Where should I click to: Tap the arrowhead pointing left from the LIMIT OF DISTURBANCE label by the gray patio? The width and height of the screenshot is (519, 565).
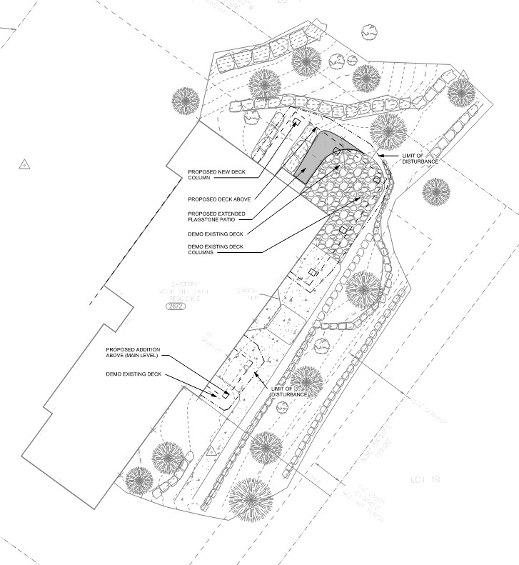(x=379, y=154)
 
